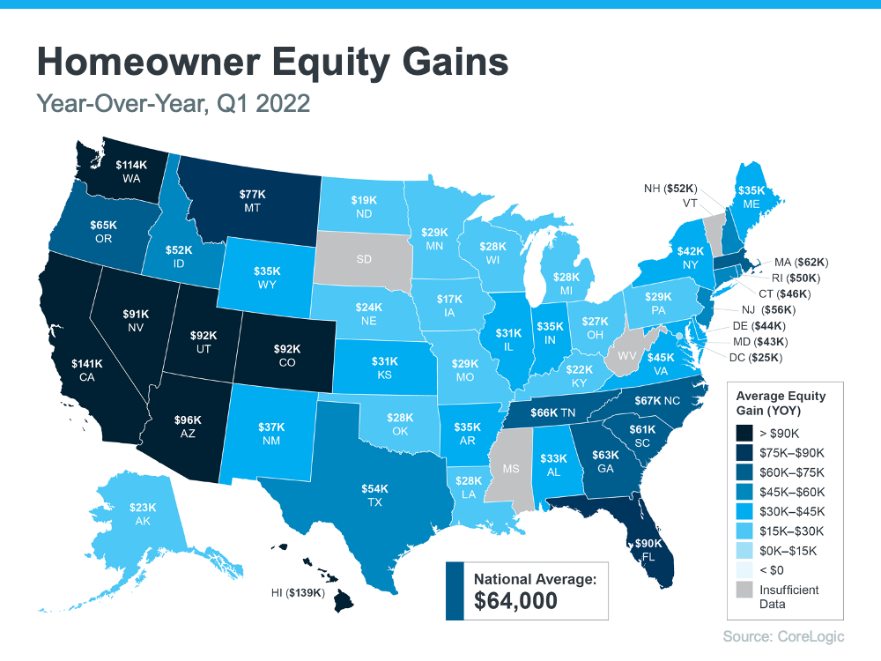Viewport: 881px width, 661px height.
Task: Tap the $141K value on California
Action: click(88, 363)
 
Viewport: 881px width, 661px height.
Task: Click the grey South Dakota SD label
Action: click(362, 259)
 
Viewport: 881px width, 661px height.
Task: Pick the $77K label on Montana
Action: click(253, 193)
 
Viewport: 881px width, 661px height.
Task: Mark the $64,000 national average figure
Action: click(516, 601)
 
